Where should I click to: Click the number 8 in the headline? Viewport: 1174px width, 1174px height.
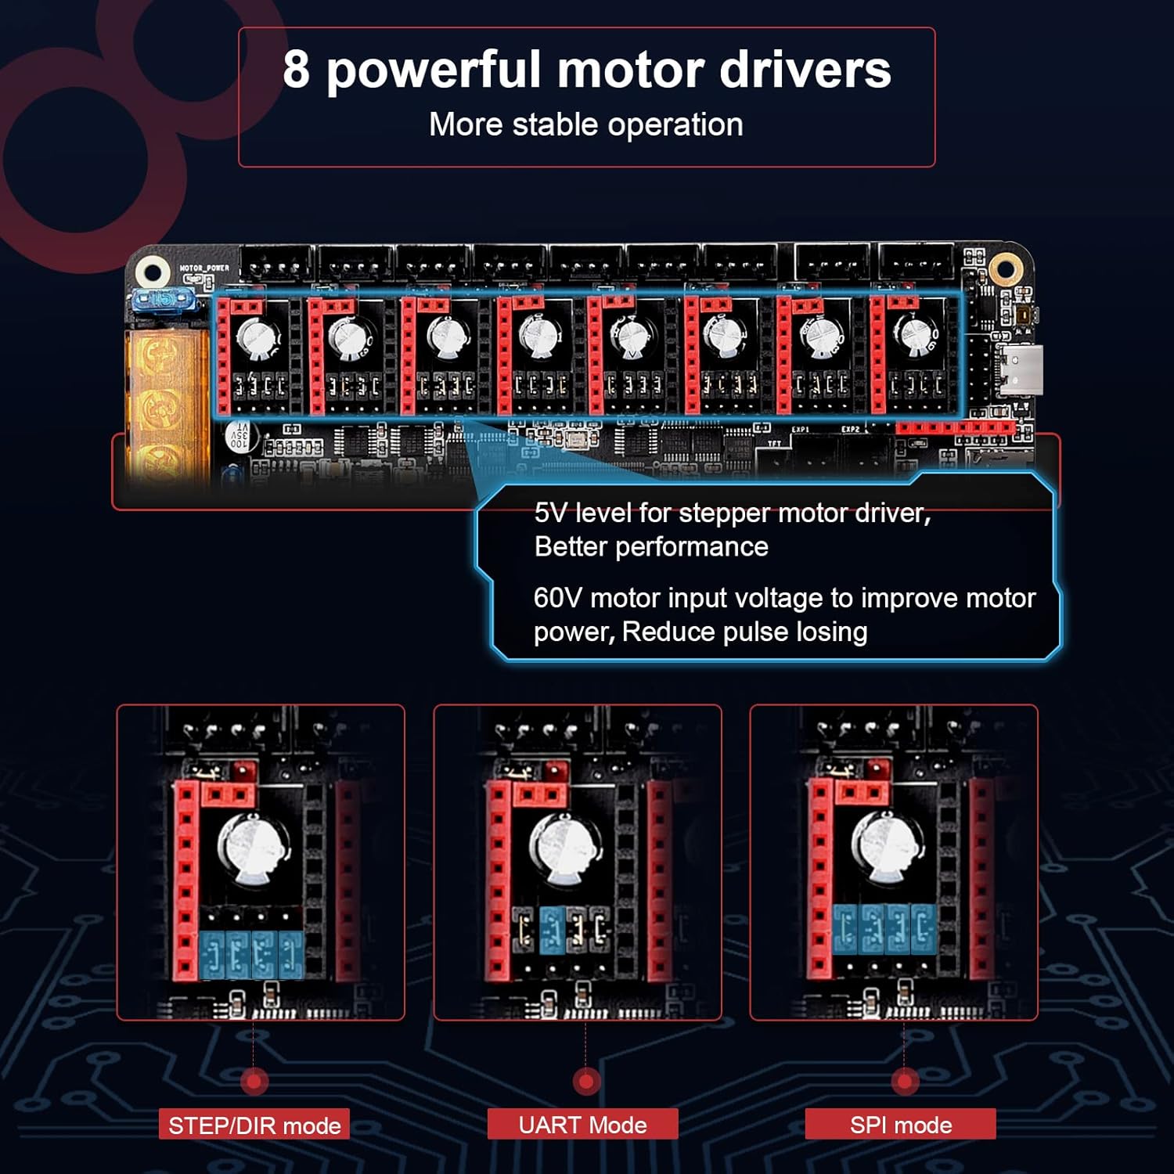coord(296,69)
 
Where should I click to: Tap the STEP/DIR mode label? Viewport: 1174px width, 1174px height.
coord(254,1125)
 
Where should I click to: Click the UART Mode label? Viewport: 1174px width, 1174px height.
coord(582,1125)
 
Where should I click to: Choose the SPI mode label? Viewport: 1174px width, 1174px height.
coord(900,1125)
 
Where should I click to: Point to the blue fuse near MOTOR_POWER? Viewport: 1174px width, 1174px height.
coord(162,299)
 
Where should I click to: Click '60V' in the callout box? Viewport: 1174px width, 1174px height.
coord(557,598)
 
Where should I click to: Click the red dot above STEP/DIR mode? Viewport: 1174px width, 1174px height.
coord(254,1082)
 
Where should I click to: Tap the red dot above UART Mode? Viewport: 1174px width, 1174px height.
coord(585,1082)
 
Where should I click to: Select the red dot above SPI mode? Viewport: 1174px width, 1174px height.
coord(904,1082)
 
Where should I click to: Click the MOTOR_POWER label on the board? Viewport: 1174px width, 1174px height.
coord(204,268)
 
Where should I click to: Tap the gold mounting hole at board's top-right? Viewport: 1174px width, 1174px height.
coord(1004,268)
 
